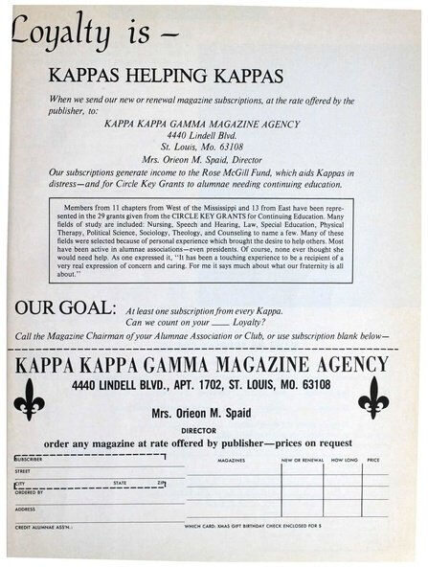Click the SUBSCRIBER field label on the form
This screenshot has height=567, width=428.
[31, 459]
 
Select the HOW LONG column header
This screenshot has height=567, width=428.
[343, 460]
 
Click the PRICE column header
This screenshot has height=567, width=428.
[373, 460]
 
